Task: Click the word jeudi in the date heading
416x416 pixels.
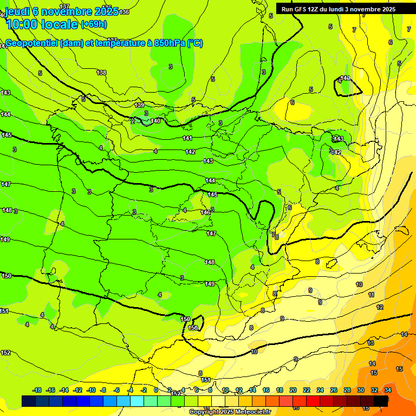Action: (17, 11)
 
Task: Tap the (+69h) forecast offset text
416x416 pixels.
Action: (94, 24)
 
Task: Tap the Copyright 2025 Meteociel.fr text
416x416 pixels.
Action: (230, 412)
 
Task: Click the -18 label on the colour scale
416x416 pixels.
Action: (37, 391)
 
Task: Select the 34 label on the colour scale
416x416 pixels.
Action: (388, 391)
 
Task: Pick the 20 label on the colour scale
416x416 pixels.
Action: (293, 391)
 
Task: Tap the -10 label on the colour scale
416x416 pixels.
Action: (91, 391)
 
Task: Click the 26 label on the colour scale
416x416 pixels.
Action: (334, 391)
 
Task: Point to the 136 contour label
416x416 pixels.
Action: (125, 12)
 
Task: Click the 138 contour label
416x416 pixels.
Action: (101, 73)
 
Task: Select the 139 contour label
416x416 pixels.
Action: (140, 105)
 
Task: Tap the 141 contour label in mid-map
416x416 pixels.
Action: (187, 139)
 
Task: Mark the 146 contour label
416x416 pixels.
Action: (205, 212)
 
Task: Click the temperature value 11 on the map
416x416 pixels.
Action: (371, 295)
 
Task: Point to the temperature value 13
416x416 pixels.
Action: (370, 343)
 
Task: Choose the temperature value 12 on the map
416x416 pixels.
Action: (380, 307)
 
